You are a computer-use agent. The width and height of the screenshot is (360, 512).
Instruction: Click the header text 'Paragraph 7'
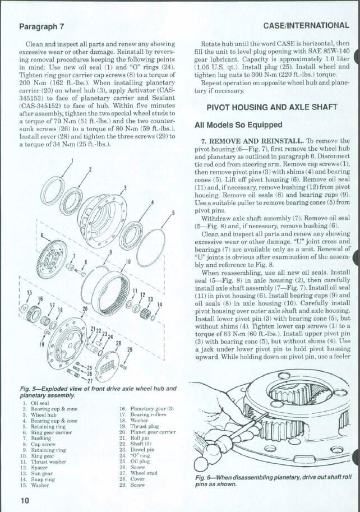click(41, 26)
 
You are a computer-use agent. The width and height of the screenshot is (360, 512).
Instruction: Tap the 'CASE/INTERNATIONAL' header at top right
click(306, 25)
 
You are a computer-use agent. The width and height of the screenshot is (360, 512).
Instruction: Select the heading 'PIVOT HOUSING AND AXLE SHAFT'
click(271, 107)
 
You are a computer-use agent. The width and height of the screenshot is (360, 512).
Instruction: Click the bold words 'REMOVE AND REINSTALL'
click(257, 141)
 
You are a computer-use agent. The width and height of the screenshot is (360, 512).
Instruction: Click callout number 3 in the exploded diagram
click(124, 187)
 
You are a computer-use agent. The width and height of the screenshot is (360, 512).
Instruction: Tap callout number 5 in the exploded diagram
click(173, 213)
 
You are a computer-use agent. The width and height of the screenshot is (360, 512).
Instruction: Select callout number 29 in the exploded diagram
click(130, 349)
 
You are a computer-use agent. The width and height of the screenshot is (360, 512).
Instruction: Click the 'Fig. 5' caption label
click(29, 389)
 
